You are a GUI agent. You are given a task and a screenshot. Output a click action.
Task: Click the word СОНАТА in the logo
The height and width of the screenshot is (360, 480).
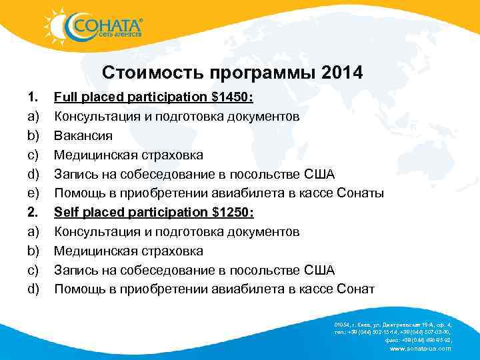pos(106,25)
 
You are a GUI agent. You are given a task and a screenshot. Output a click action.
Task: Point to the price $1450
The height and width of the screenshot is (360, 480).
pos(230,97)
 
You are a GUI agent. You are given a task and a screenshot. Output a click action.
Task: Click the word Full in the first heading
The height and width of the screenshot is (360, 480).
pos(65,97)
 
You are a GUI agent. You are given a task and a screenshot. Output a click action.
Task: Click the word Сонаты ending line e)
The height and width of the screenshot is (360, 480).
pos(360,193)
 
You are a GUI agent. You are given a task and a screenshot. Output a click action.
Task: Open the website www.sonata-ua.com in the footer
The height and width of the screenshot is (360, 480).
pos(419,348)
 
